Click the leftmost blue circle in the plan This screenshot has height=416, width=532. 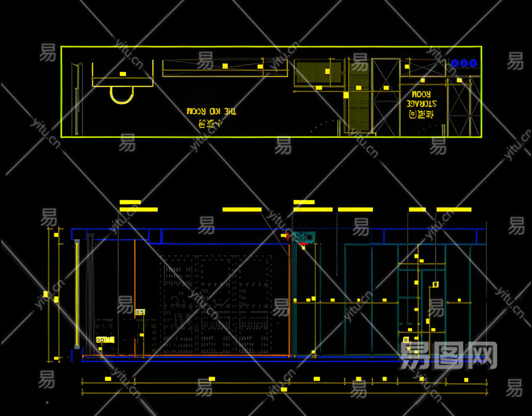(x=455, y=63)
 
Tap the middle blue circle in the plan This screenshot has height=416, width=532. (x=464, y=63)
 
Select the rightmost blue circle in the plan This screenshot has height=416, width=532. (x=473, y=63)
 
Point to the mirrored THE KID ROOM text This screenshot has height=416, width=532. (x=211, y=111)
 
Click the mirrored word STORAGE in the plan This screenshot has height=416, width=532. (x=421, y=104)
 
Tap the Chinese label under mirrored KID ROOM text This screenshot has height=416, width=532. (x=210, y=123)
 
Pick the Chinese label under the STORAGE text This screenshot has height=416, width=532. (x=421, y=114)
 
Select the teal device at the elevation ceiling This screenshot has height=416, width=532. (x=304, y=237)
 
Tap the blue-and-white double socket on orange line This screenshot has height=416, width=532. (x=140, y=312)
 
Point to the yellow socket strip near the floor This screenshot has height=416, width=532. (x=105, y=340)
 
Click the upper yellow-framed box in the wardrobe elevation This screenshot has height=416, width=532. (x=436, y=284)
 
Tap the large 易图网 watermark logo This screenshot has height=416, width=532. (x=448, y=355)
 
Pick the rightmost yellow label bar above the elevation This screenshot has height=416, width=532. (x=454, y=209)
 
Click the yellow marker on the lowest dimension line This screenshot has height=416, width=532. (x=284, y=389)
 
